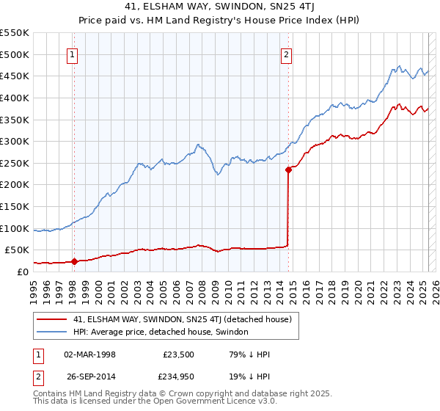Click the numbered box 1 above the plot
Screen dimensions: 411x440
73,54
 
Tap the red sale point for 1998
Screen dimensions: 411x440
74,261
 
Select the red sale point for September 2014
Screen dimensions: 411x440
288,170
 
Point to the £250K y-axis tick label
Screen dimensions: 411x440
15,163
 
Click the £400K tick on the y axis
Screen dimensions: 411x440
15,98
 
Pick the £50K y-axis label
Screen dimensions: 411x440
18,250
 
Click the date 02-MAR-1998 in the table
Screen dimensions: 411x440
89,354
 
